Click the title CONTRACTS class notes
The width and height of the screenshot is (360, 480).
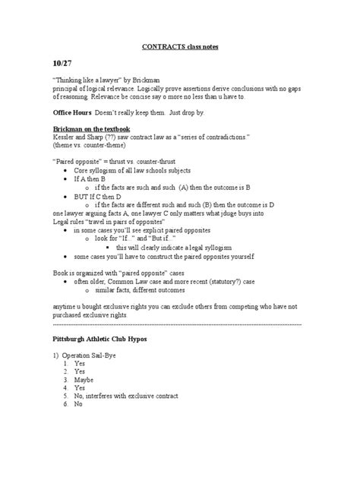[x=180, y=46]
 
